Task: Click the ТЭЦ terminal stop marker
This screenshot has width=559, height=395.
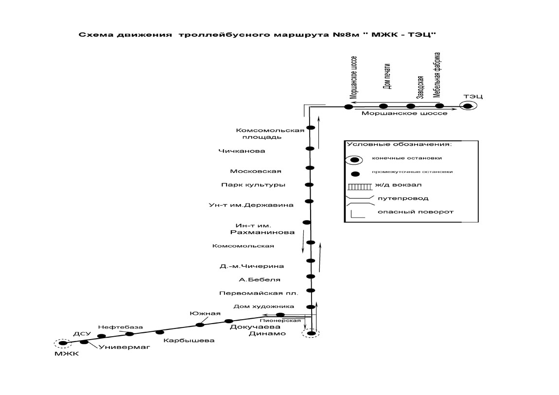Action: click(468, 106)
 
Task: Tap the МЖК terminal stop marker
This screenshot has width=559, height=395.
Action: click(63, 343)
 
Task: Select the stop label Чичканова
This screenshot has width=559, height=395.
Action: click(242, 151)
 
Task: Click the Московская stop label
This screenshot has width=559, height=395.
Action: click(256, 172)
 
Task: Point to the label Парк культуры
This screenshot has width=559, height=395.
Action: click(253, 185)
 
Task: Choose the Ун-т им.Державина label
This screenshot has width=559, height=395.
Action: click(251, 205)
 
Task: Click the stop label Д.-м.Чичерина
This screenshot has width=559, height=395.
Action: click(252, 266)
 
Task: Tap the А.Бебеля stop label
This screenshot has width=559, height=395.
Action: click(260, 279)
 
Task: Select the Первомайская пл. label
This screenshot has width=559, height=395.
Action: click(259, 293)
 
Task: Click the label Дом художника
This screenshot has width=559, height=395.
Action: click(264, 306)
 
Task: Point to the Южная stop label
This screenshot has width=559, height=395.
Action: click(205, 313)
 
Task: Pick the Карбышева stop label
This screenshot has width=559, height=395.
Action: click(189, 341)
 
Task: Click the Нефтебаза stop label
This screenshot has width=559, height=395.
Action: click(121, 327)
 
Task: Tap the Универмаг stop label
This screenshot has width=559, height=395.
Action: click(124, 347)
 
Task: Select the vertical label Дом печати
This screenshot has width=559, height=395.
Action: click(387, 76)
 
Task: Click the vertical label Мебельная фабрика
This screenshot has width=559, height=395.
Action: click(437, 75)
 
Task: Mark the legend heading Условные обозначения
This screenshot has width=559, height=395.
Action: click(399, 144)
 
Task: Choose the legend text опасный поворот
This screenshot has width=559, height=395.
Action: click(416, 212)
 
